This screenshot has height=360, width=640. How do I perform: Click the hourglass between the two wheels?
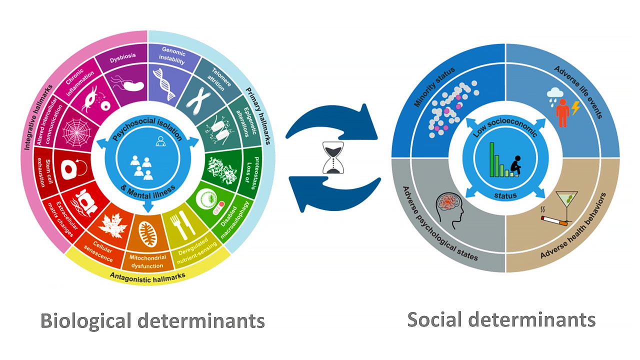[333, 157]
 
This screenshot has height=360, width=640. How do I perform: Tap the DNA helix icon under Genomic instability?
[164, 84]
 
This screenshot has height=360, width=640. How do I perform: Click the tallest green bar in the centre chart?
[492, 159]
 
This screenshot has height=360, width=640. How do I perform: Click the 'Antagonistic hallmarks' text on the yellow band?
[147, 277]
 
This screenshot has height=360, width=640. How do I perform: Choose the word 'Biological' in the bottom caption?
[86, 321]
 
